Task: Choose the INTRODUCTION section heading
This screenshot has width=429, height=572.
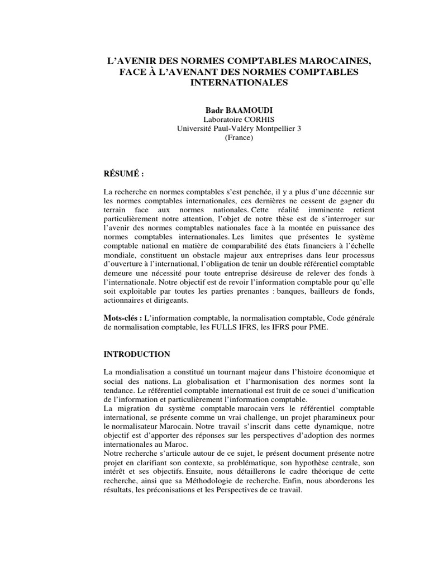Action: [x=137, y=354]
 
